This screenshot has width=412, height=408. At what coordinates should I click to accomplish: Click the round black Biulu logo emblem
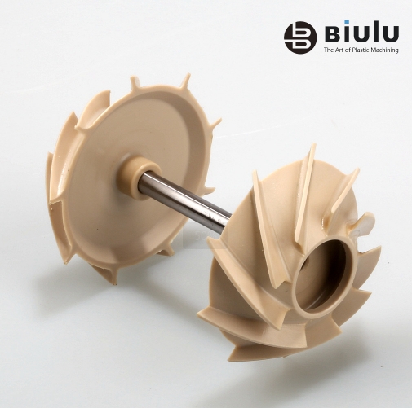point(300,37)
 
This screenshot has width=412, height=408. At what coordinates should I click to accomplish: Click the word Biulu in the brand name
point(361,33)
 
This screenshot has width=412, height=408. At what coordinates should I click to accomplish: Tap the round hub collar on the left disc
point(135,177)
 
